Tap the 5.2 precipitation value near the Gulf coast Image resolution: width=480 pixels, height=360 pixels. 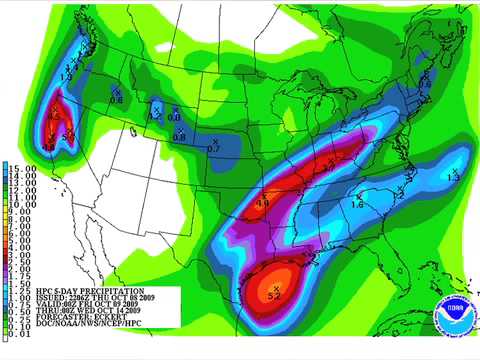tap(275, 296)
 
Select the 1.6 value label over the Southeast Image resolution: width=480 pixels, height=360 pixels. tap(357, 203)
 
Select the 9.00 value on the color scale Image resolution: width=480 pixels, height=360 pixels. tap(21, 211)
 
